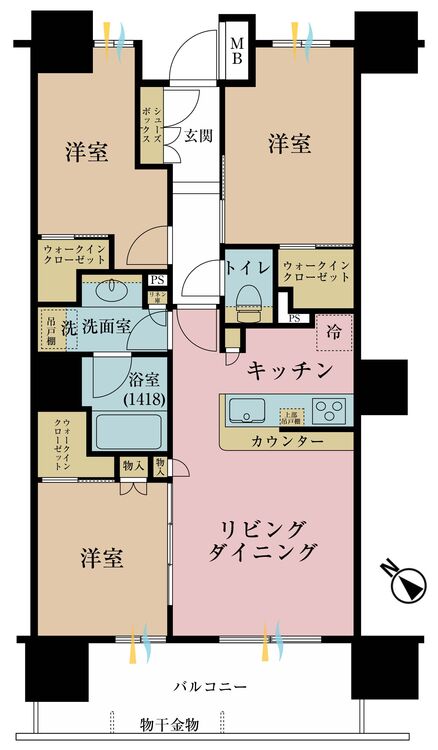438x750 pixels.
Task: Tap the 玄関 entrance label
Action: click(197, 135)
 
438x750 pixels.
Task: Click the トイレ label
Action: click(244, 267)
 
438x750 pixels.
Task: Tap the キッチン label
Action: click(289, 371)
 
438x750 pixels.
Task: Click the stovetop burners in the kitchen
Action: click(330, 410)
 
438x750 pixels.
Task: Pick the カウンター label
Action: click(286, 440)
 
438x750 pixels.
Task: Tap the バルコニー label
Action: click(210, 687)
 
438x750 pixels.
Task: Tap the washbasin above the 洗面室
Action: click(113, 292)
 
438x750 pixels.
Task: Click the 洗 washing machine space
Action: click(69, 327)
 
